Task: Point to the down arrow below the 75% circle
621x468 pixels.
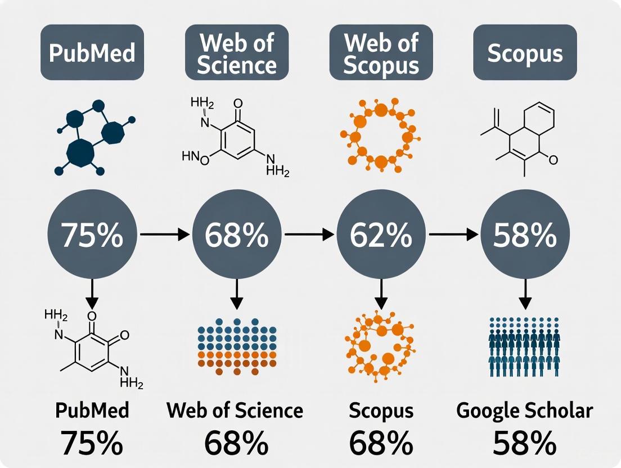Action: [92, 292]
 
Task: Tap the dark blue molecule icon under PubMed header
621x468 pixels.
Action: [94, 137]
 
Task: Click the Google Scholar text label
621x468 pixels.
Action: [525, 411]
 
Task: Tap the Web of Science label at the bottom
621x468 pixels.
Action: [235, 411]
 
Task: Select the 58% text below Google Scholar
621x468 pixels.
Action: [525, 443]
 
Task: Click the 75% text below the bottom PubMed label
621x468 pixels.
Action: [92, 443]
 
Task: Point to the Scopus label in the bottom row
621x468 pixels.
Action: [381, 411]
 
